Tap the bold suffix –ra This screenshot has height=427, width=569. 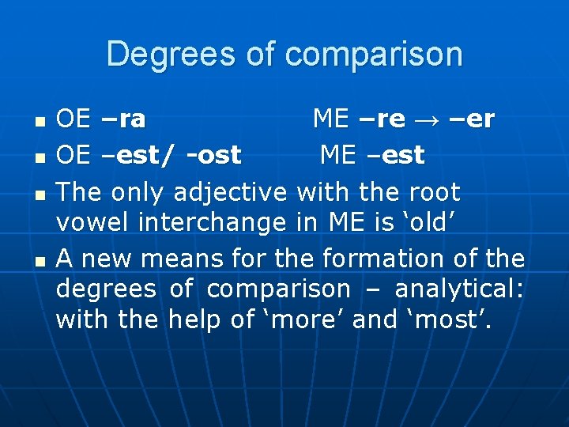click(x=123, y=119)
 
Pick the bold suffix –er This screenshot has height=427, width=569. click(x=473, y=119)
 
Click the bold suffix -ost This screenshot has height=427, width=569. click(x=213, y=156)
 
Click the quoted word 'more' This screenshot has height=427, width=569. click(x=304, y=319)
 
